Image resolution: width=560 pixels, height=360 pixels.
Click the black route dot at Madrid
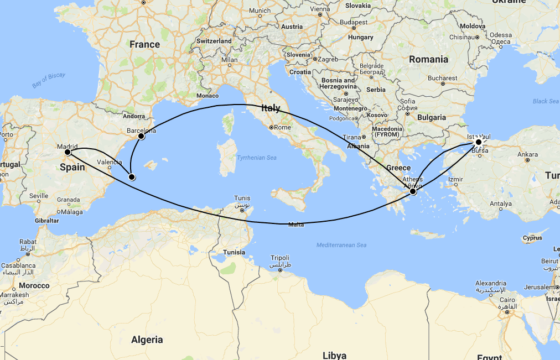tap(67, 152)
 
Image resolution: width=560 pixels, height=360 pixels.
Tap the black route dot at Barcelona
tap(141, 136)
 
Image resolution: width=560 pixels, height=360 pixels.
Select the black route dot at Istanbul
tap(479, 142)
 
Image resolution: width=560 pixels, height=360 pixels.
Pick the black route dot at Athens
tap(413, 191)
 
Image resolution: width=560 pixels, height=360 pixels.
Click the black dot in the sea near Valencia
tap(132, 177)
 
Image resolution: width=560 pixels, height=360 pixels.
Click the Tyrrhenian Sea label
tap(256, 158)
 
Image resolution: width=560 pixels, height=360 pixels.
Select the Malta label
tap(296, 225)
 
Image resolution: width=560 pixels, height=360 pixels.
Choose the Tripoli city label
tap(279, 258)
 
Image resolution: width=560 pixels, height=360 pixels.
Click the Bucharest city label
tap(442, 78)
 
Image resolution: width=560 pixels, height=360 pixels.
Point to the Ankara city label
tap(527, 154)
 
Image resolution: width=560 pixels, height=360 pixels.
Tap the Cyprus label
tap(532, 238)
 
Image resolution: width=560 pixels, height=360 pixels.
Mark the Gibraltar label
tap(46, 220)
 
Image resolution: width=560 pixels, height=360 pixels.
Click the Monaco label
tap(208, 96)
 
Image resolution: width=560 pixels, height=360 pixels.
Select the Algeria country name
tap(147, 340)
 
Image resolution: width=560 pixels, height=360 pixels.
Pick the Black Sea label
tap(546, 101)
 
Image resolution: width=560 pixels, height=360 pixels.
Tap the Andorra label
tap(134, 116)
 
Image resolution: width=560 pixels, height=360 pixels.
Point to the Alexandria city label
tap(491, 283)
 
